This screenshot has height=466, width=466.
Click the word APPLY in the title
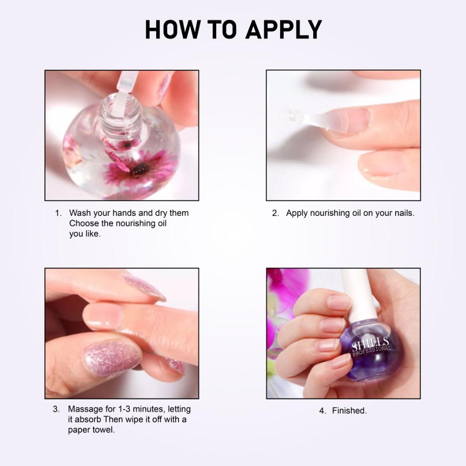click(284, 30)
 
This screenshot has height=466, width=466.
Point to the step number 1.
click(58, 213)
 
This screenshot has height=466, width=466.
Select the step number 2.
click(275, 213)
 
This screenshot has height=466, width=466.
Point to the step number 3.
click(56, 410)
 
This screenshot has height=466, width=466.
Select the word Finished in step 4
click(349, 411)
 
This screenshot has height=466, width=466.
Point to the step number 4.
click(322, 411)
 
